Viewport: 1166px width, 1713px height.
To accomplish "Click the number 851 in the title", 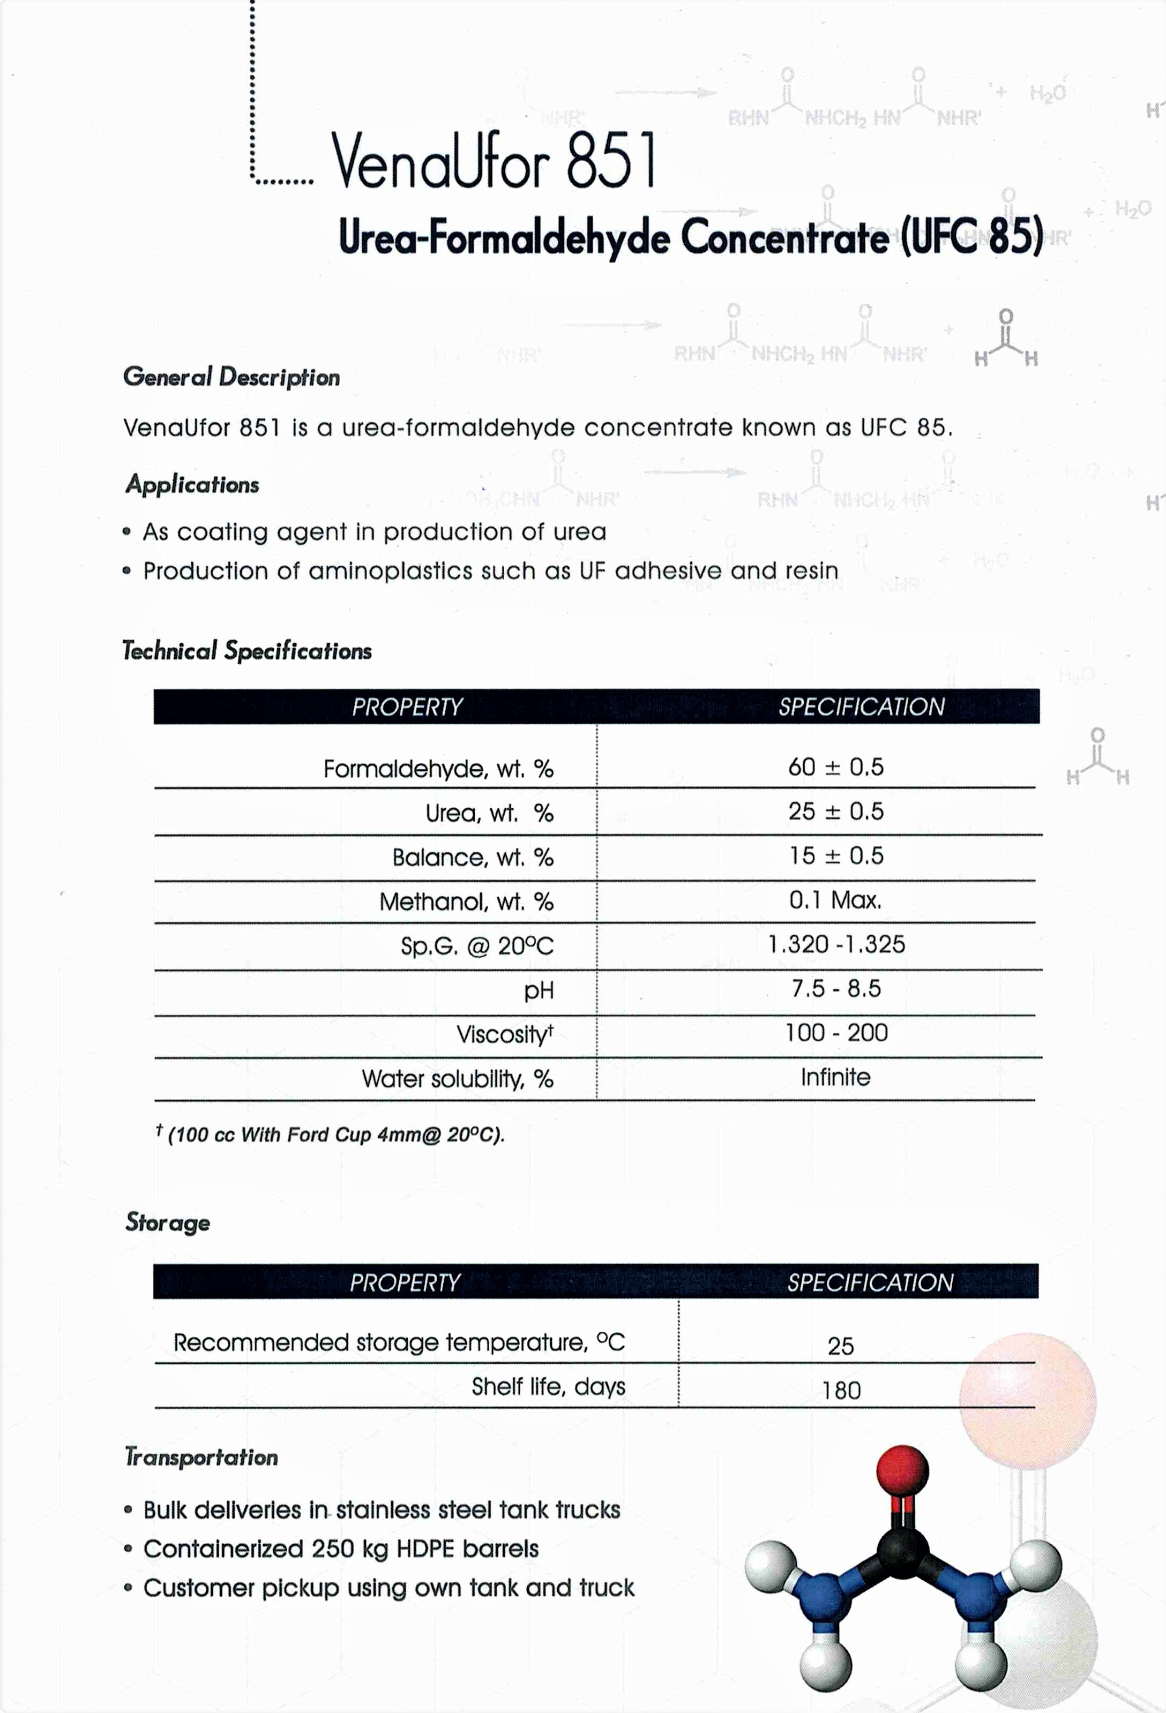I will coord(611,160).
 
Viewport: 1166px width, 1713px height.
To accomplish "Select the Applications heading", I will coord(192,484).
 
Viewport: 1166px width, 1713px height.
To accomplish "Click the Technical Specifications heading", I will coord(247,651).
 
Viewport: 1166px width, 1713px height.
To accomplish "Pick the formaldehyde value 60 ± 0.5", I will coord(835,767).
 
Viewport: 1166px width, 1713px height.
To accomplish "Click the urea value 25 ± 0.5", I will coord(835,812).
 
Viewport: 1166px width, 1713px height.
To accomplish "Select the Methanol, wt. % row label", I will coord(466,901).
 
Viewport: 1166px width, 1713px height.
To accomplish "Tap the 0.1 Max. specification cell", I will coord(835,900).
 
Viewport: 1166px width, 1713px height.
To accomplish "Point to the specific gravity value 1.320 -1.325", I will coord(835,944).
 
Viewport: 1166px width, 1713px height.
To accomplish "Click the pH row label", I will coord(539,990).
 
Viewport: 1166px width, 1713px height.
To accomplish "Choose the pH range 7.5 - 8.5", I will coord(835,988).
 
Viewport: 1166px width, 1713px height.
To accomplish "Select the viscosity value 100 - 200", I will coord(835,1033).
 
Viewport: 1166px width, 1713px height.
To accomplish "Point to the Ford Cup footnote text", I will coord(335,1135).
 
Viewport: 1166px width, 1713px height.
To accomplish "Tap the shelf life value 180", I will coord(841,1390).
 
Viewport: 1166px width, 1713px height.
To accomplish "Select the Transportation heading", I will coord(201,1457).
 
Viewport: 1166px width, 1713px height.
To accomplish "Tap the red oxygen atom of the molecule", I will coord(901,1470).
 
